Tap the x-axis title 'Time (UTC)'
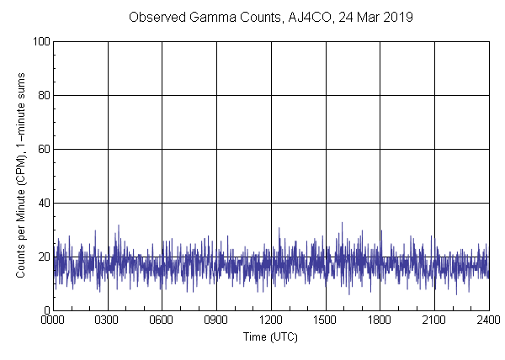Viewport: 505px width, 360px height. click(x=270, y=336)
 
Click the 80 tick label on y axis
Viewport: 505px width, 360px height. click(x=41, y=95)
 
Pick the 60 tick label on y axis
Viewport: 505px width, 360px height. click(x=41, y=149)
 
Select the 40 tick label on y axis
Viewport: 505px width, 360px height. click(x=41, y=203)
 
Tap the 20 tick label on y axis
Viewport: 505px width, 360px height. click(x=41, y=257)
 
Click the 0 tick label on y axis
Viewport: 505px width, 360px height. click(x=45, y=310)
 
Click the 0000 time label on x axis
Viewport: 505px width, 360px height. click(x=53, y=320)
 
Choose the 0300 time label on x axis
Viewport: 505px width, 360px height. click(x=108, y=320)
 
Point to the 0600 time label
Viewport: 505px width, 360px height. click(x=162, y=320)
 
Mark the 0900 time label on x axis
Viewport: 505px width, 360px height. click(x=216, y=320)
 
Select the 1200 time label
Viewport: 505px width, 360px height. click(x=271, y=320)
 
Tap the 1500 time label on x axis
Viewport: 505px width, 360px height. click(x=326, y=320)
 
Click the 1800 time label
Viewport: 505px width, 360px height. click(x=380, y=320)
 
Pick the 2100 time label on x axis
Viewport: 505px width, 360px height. click(x=434, y=320)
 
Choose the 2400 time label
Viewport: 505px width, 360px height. click(x=488, y=320)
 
